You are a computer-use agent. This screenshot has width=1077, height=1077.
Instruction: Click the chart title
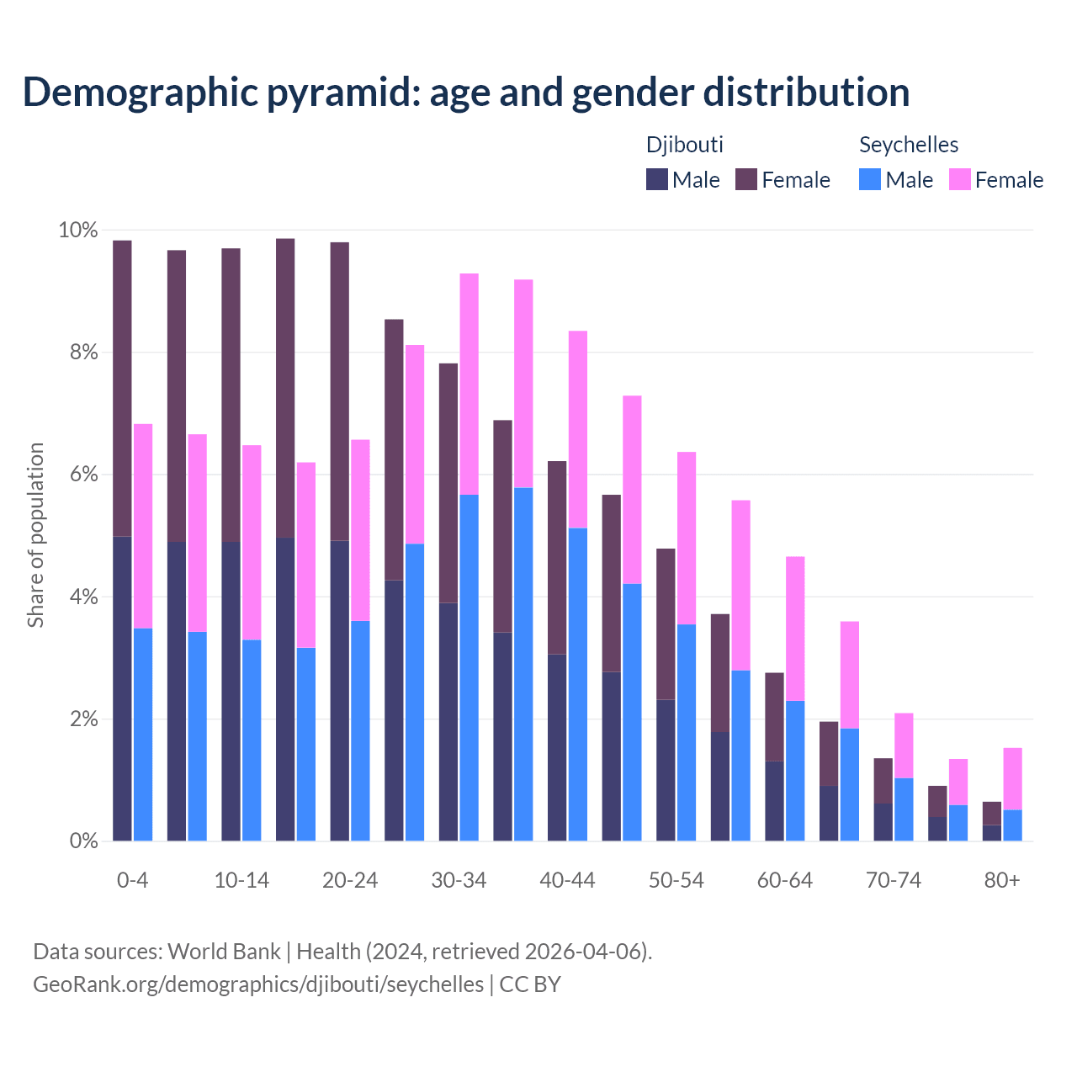[x=465, y=93]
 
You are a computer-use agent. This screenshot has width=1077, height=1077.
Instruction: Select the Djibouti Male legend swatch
[x=657, y=179]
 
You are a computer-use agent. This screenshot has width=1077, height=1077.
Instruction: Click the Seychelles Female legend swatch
[x=959, y=179]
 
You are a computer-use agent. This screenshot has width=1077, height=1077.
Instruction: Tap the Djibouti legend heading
[x=684, y=145]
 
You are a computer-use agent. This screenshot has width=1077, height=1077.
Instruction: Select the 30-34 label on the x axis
[x=459, y=880]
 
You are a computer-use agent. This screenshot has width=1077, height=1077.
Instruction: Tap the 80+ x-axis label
[x=1001, y=880]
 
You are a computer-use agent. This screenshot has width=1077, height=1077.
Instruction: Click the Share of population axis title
[x=35, y=535]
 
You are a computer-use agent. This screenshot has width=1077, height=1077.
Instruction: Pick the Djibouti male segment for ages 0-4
[x=122, y=688]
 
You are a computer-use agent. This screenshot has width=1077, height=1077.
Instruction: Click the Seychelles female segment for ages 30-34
[x=470, y=384]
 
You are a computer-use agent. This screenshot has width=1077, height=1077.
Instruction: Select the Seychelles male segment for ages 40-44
[x=578, y=684]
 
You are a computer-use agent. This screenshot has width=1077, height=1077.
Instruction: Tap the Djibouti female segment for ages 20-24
[x=339, y=391]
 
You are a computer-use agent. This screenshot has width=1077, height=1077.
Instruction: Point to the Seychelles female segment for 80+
[x=1013, y=778]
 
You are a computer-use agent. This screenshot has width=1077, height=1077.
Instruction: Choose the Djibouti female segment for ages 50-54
[x=666, y=623]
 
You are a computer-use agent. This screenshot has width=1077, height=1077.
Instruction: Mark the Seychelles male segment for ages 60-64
[x=795, y=771]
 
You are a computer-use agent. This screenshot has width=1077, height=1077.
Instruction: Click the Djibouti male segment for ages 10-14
[x=231, y=691]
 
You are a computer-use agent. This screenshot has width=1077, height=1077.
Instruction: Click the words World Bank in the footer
[x=224, y=952]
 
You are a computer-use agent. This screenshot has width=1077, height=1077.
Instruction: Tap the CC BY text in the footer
[x=530, y=984]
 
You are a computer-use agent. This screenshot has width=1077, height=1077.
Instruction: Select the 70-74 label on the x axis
[x=893, y=880]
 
